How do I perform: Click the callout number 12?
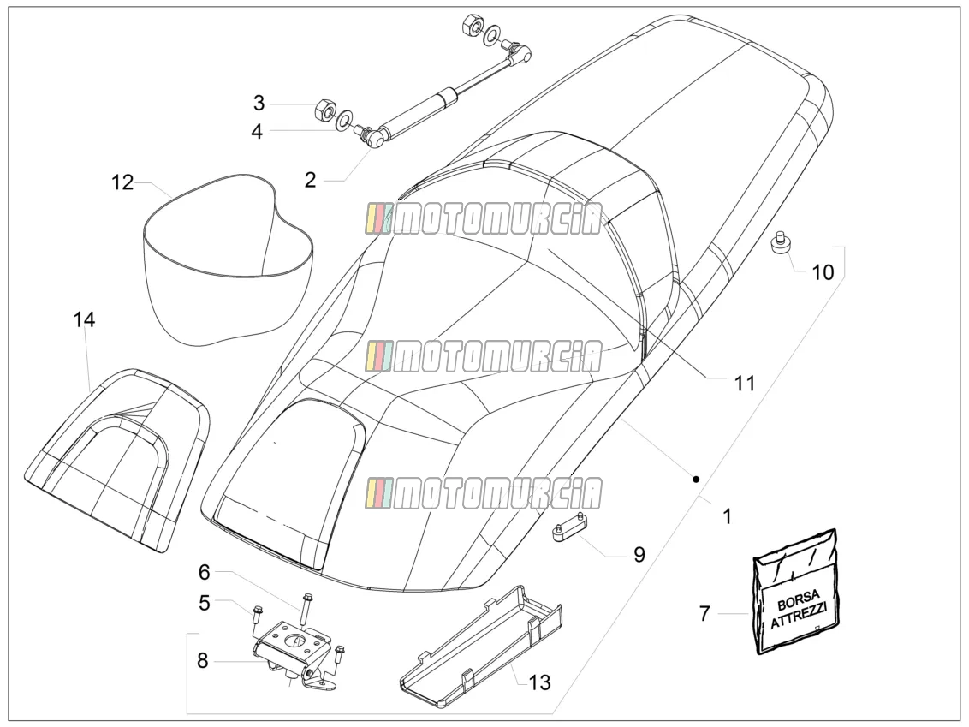pyautogui.click(x=122, y=183)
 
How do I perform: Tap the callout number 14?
pyautogui.click(x=84, y=320)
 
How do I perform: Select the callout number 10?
pyautogui.click(x=823, y=272)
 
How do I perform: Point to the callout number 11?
pyautogui.click(x=745, y=384)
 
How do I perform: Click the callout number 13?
pyautogui.click(x=539, y=682)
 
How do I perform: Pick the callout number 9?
pyautogui.click(x=639, y=555)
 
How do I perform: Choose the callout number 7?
pyautogui.click(x=705, y=614)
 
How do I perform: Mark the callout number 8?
pyautogui.click(x=203, y=661)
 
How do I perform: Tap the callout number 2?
pyautogui.click(x=310, y=180)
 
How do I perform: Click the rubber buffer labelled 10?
pyautogui.click(x=782, y=241)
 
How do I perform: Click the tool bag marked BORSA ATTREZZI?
pyautogui.click(x=796, y=592)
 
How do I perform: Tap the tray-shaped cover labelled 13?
pyautogui.click(x=480, y=644)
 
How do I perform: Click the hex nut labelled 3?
pyautogui.click(x=324, y=110)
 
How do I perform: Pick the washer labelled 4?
pyautogui.click(x=343, y=119)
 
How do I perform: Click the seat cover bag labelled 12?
pyautogui.click(x=228, y=258)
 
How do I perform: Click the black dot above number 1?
pyautogui.click(x=695, y=479)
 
